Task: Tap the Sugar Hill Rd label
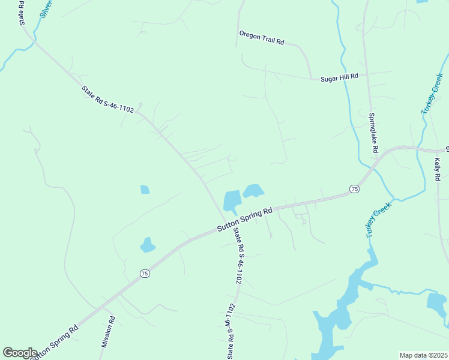(x=339, y=76)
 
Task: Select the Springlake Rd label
(x=373, y=131)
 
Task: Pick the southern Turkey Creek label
(x=379, y=220)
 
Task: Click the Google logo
(x=20, y=353)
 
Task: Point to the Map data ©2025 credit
(x=423, y=355)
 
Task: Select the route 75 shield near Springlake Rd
(x=354, y=189)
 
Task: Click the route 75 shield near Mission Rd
(x=145, y=274)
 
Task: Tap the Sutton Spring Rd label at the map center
(x=244, y=220)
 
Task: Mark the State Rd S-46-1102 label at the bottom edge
(x=231, y=332)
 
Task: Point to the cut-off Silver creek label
(x=46, y=8)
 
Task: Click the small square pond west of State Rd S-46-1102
(x=145, y=190)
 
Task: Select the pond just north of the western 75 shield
(x=147, y=245)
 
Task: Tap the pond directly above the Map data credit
(x=436, y=303)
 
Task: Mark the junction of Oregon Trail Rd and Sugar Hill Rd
(x=311, y=78)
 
